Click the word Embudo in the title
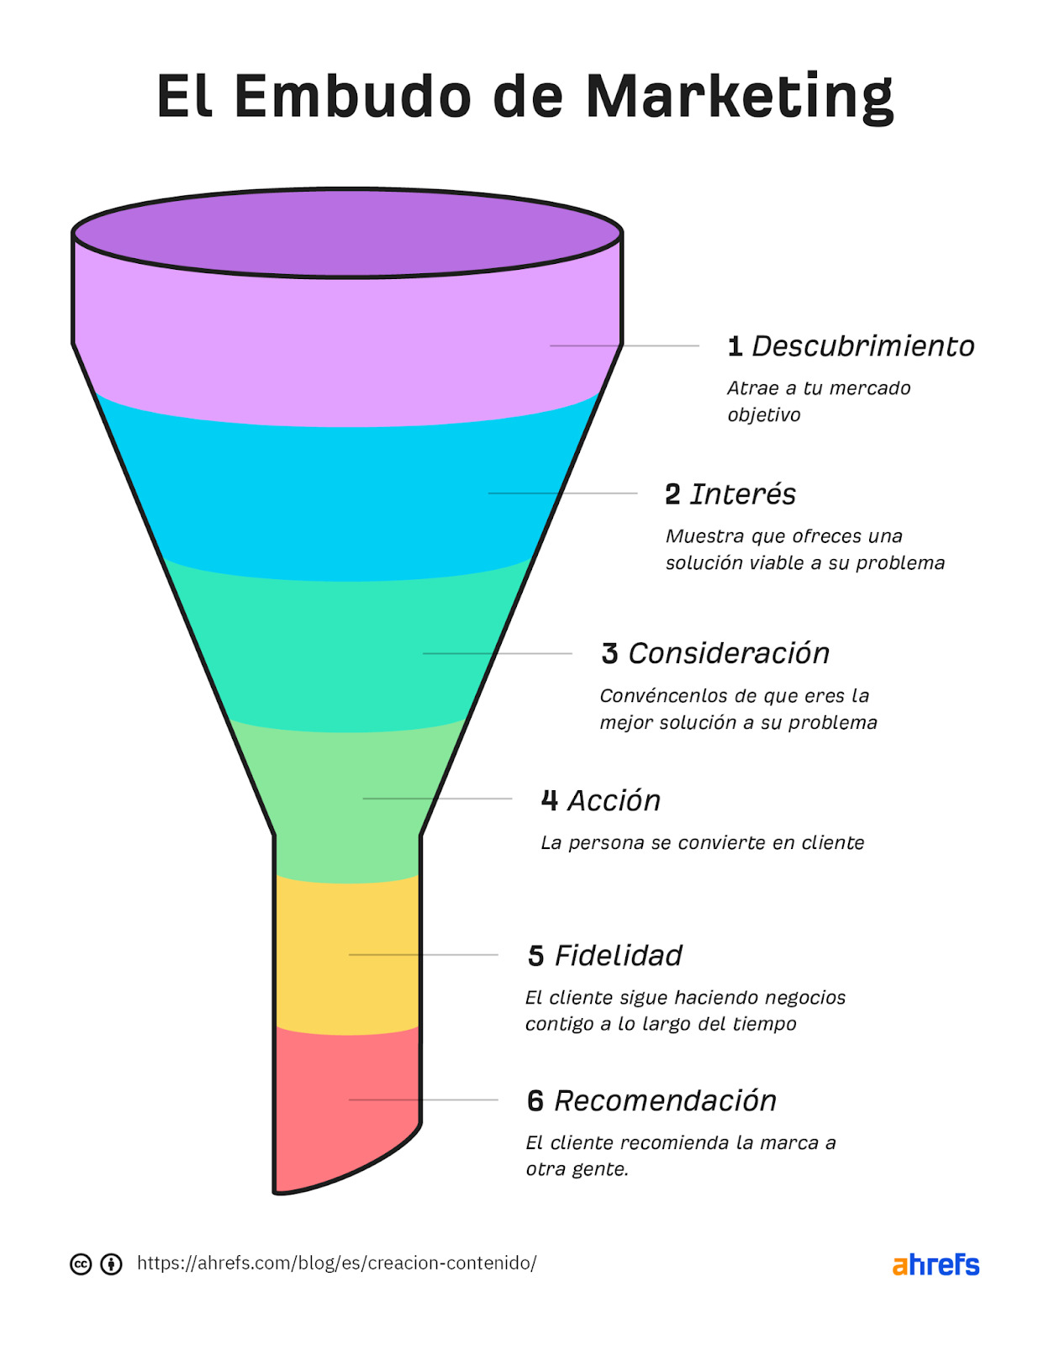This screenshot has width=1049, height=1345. coord(352,96)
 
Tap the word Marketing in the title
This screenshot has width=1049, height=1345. coord(739,98)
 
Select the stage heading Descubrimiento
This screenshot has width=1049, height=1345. coord(862,346)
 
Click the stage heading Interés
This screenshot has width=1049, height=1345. coord(742,494)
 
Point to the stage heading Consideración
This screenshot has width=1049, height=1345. coord(729,653)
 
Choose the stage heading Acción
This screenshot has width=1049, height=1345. coord(614,800)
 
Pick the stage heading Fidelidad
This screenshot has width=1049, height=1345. coord(618,956)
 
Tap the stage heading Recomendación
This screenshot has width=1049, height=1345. coord(665,1101)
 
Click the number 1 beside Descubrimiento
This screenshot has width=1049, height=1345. coord(735,346)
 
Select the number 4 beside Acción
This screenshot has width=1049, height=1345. coord(550,800)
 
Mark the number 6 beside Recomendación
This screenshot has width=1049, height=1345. coord(535,1101)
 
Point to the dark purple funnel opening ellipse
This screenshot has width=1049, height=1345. coord(346,232)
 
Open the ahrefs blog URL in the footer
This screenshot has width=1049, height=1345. coord(336,1263)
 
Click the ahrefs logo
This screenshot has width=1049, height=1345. coord(936,1265)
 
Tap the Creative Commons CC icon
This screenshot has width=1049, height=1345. coord(81,1264)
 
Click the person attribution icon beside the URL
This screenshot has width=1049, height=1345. coord(111,1264)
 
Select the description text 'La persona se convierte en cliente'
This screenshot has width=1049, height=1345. coord(702,843)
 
